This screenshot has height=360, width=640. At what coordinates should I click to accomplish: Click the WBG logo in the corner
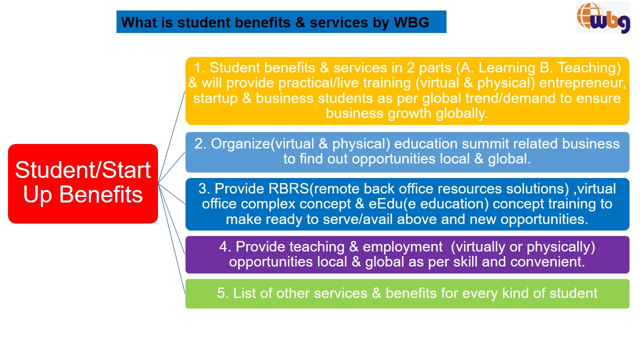click(x=603, y=17)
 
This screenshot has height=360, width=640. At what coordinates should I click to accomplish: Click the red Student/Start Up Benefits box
click(x=83, y=183)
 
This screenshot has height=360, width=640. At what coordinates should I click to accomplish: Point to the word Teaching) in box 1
click(x=589, y=68)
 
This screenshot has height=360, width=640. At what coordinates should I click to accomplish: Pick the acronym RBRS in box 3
click(x=288, y=188)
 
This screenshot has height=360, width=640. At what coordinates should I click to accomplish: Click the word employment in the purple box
click(x=402, y=247)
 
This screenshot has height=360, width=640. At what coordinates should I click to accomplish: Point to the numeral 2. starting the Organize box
click(x=200, y=143)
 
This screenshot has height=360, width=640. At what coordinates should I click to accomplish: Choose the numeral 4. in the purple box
click(x=225, y=247)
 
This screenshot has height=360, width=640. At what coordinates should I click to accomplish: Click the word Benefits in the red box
click(x=101, y=194)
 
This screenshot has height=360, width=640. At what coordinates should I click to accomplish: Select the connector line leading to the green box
click(x=171, y=238)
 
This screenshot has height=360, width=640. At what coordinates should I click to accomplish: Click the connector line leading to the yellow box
click(x=171, y=137)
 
